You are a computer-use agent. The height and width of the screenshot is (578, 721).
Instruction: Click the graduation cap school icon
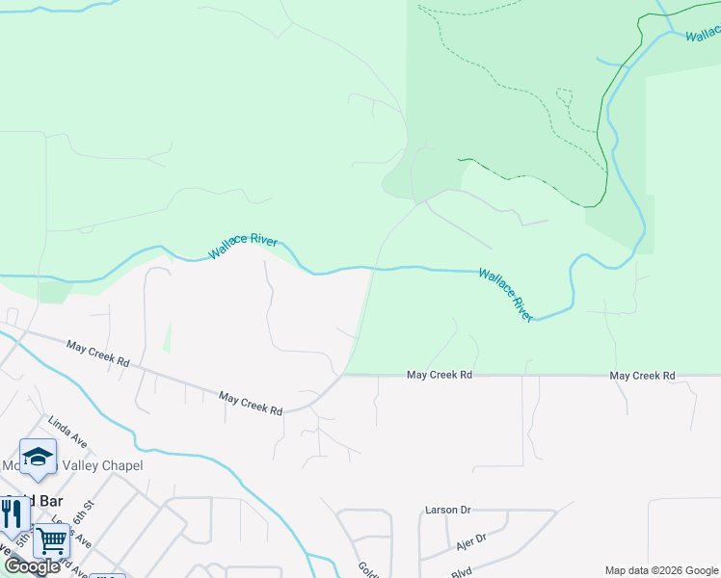[x=38, y=457]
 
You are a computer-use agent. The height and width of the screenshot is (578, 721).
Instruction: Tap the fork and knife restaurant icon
[x=13, y=512]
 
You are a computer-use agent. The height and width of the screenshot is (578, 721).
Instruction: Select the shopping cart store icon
[x=51, y=540]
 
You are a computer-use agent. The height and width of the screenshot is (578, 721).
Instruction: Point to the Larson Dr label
[x=447, y=510]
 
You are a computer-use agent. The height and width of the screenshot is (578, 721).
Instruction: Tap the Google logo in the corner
[x=32, y=566]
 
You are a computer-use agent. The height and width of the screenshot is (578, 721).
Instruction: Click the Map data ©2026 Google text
[x=661, y=570]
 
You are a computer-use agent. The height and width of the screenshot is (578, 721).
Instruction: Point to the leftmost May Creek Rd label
[x=97, y=353]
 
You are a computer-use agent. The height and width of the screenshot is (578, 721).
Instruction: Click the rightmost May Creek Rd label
[x=643, y=375]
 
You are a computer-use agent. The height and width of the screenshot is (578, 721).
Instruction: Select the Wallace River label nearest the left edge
[x=243, y=246]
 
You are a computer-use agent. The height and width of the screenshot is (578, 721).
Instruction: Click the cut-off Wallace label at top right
[x=703, y=35]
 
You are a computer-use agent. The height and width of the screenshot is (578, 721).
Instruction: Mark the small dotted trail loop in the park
[x=564, y=96]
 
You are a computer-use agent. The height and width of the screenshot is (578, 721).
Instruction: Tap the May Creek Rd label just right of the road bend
[x=440, y=375]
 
